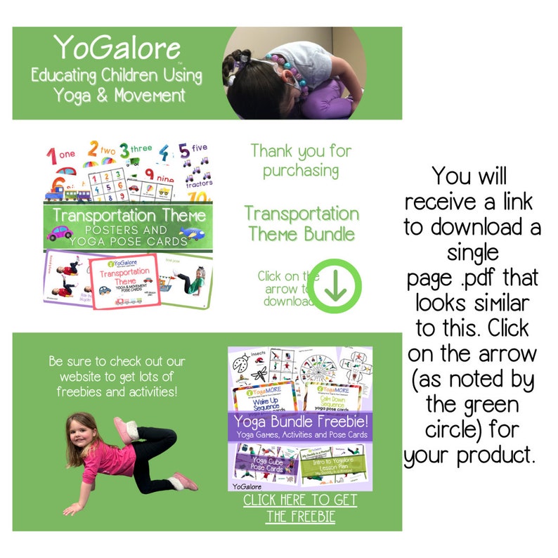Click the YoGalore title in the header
click(117, 48)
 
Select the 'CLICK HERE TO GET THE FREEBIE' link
click(300, 508)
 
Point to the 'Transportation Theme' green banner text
click(129, 215)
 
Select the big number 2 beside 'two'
click(92, 150)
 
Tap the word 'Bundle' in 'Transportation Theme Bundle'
click(329, 234)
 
